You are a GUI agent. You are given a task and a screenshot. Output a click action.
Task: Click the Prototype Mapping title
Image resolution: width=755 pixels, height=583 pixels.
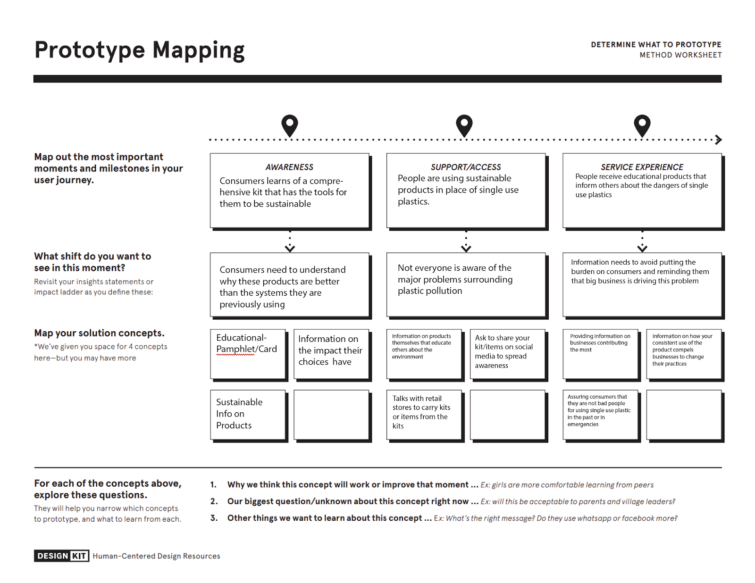coord(139,50)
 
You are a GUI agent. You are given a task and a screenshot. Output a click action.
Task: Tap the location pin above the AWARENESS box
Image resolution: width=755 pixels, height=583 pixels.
coord(290,125)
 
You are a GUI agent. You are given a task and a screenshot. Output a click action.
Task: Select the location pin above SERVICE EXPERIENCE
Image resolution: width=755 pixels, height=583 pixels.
coord(642,125)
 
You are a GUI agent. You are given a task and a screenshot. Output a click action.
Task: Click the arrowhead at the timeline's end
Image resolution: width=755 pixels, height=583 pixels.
coord(718,140)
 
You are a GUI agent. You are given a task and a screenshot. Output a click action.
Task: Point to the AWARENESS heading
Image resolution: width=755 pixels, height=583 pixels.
coord(289,167)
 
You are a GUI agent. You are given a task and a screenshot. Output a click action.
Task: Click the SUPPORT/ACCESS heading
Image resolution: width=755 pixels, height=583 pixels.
coord(466,167)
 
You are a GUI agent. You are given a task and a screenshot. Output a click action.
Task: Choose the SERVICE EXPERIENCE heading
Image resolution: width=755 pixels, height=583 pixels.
coord(642,167)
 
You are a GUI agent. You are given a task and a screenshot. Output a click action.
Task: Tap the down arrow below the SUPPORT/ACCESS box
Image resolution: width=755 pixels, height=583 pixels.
coord(466,247)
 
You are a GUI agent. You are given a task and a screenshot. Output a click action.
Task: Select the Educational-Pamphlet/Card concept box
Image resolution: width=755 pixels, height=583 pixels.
coord(247,354)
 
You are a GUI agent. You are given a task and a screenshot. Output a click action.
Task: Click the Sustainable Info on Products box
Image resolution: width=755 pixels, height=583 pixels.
coord(247,415)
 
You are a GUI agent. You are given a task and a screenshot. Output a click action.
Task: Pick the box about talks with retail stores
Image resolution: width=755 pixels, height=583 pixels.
coord(423,415)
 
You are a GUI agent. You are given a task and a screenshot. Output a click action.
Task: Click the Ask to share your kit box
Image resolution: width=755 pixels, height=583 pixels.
coord(507,354)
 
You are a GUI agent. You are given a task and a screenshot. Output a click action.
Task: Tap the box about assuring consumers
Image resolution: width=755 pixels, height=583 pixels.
coord(600,415)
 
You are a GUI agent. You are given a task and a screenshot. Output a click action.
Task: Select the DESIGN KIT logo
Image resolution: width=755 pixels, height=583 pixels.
coord(61,556)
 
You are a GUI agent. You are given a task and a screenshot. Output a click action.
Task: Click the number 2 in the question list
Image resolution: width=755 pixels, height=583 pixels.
coord(214,501)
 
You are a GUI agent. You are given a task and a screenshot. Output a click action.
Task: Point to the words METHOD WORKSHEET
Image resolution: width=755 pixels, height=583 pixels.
coord(680,55)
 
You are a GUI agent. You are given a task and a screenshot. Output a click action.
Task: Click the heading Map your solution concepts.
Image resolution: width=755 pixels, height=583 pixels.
coord(99,333)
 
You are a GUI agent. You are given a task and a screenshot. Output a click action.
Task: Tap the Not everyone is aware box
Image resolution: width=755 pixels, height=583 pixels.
coord(466,284)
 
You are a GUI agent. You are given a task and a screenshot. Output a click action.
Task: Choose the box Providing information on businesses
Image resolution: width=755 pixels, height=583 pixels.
coord(600,354)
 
